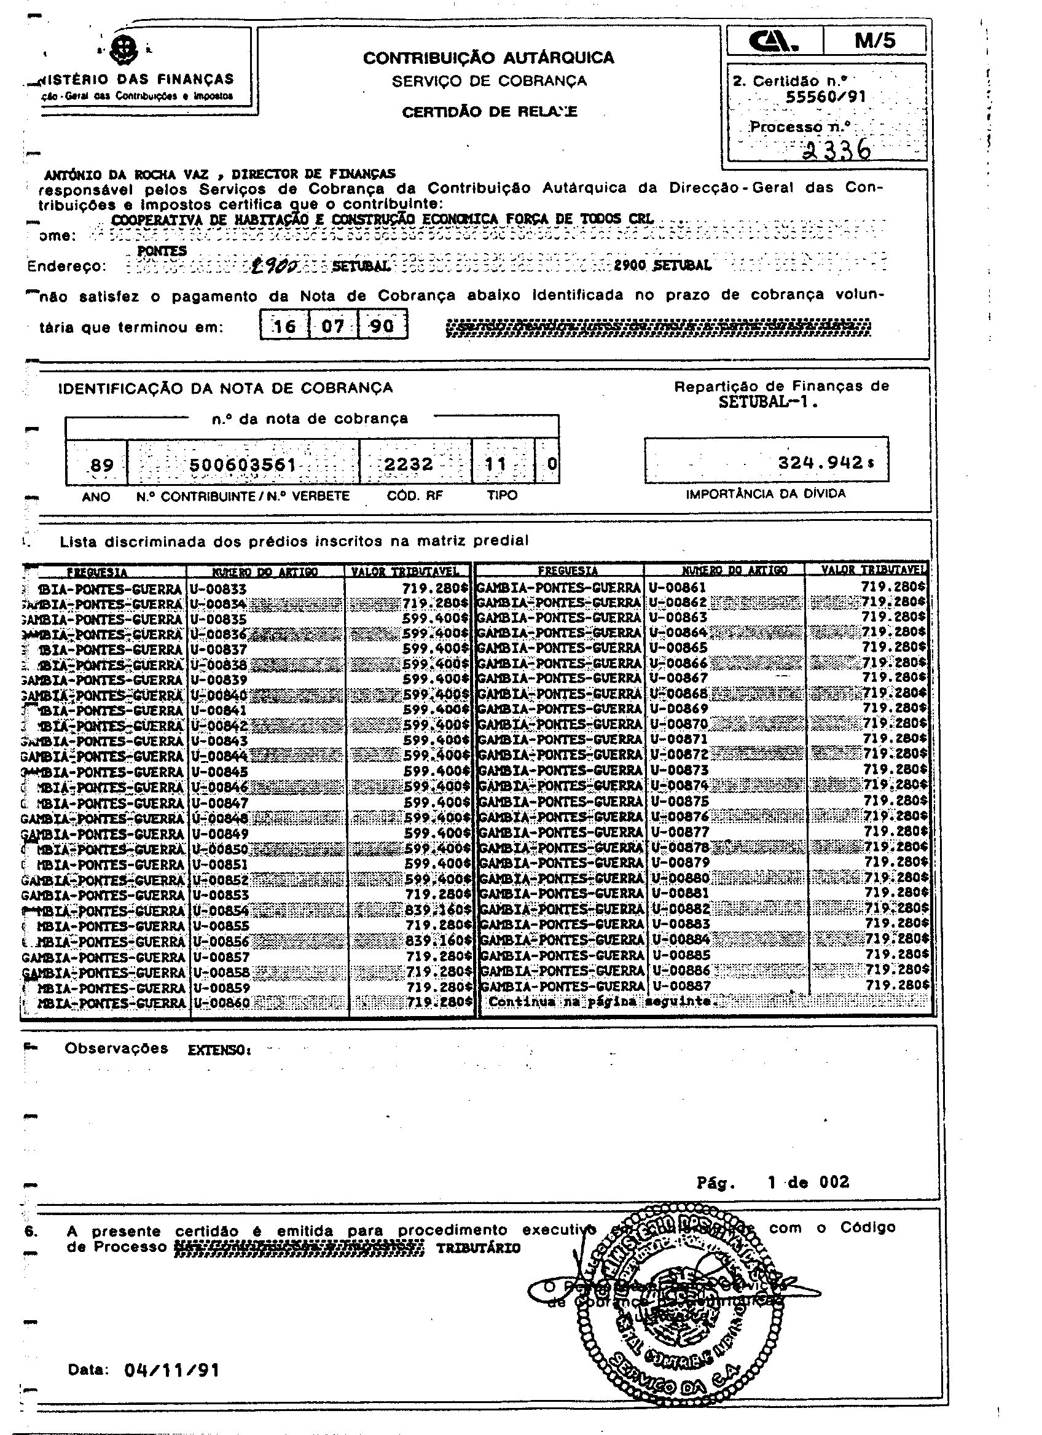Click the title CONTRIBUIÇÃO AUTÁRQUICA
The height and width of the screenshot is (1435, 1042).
point(488,58)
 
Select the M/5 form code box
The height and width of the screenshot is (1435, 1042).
point(874,41)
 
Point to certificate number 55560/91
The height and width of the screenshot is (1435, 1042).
point(826,97)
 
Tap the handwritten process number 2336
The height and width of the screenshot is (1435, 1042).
point(836,151)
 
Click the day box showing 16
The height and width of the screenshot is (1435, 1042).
point(284,326)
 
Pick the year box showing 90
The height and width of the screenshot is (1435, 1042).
point(382,326)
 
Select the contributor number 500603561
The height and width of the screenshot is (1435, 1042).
point(243,465)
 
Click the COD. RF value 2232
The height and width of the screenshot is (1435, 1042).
point(409,465)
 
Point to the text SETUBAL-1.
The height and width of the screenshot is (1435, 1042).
point(768,402)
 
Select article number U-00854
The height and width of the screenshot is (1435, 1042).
point(221,910)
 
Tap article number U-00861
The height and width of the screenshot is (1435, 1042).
point(677,588)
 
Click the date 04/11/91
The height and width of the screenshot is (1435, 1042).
point(172,1370)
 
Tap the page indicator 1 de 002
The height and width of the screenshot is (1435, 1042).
point(808,1183)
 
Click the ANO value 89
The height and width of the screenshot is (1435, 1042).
point(102,466)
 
